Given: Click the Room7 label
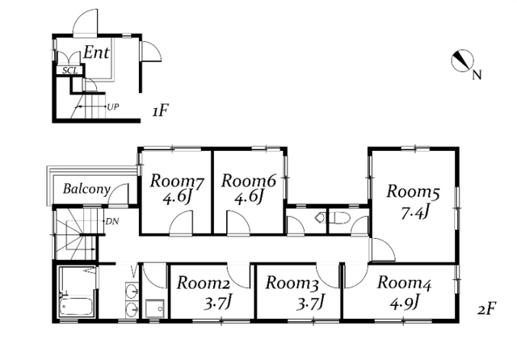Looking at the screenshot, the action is [177, 182].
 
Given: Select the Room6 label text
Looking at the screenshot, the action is [249, 181].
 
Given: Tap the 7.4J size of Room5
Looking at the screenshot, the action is [414, 213].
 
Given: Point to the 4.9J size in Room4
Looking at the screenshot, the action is [404, 302].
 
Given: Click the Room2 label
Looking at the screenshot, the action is [204, 283].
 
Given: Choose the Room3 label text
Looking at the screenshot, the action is [292, 283].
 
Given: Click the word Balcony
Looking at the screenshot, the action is [86, 189].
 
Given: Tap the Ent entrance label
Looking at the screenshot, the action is [96, 52].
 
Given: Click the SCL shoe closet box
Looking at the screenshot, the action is [70, 70].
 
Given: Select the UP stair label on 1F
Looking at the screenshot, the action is [113, 107].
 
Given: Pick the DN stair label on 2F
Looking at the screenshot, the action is [112, 221].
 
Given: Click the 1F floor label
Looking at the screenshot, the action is [161, 111].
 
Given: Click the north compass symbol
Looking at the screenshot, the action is [462, 61].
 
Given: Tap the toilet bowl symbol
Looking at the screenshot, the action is [339, 218].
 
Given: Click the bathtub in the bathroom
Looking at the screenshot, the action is [76, 307].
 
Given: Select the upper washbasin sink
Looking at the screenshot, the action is [132, 291].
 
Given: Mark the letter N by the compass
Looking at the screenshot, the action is [477, 75].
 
